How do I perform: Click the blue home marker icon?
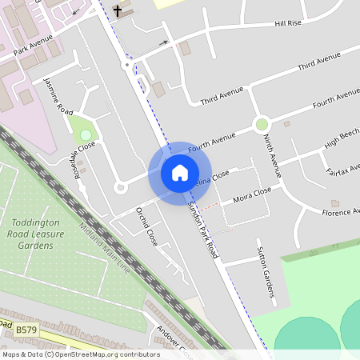pos(179,172)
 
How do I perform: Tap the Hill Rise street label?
pos(288,24)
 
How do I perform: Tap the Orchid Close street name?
pos(146,226)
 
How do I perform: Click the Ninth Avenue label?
pos(272,154)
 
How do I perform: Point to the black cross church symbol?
pos(118,11)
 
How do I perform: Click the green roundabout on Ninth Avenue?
pos(261,124)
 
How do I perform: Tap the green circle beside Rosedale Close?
pos(86,134)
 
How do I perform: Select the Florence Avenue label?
pos(339,213)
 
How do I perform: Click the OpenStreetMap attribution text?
pos(80,354)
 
